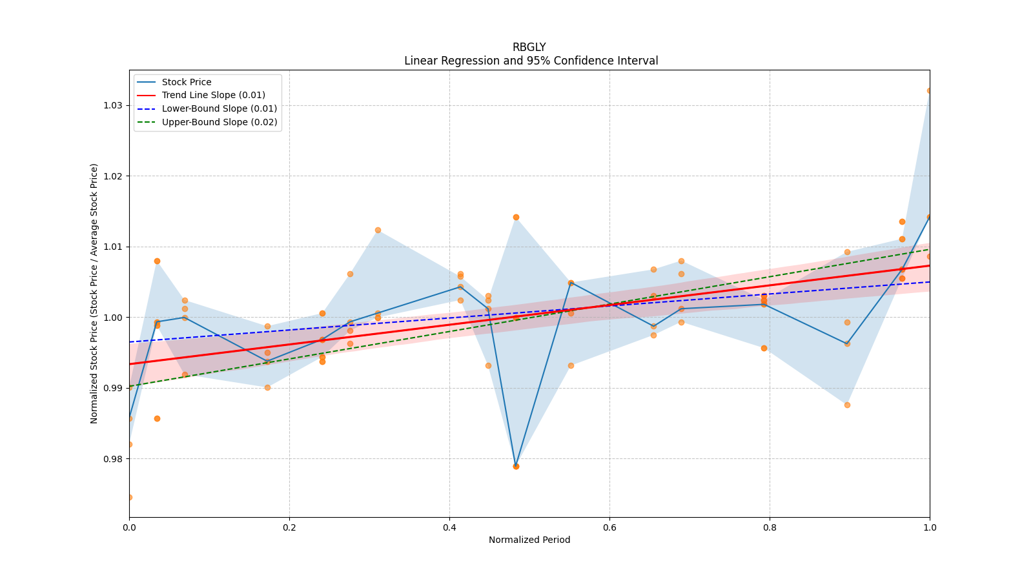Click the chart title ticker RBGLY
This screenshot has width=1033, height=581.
click(529, 47)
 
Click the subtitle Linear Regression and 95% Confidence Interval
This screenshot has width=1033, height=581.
click(531, 61)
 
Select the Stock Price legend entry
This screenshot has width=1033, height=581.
click(187, 82)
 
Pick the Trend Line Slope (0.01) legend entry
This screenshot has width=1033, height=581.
click(213, 96)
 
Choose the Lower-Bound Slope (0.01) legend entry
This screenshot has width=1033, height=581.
click(219, 108)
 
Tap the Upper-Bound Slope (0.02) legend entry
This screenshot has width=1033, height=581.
click(220, 122)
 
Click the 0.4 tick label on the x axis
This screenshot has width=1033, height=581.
click(449, 527)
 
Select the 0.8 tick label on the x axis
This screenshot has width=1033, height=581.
click(770, 527)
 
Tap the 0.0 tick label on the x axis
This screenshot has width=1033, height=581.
click(129, 527)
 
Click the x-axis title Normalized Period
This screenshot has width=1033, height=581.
click(529, 540)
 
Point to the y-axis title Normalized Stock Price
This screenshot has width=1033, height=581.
click(94, 293)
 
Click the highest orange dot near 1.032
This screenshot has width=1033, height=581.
click(929, 90)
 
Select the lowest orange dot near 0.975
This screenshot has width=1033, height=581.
click(129, 497)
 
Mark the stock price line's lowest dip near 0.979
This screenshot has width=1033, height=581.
click(516, 465)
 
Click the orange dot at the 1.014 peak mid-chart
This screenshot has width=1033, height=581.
click(516, 217)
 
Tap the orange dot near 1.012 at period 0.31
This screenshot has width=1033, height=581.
click(378, 230)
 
